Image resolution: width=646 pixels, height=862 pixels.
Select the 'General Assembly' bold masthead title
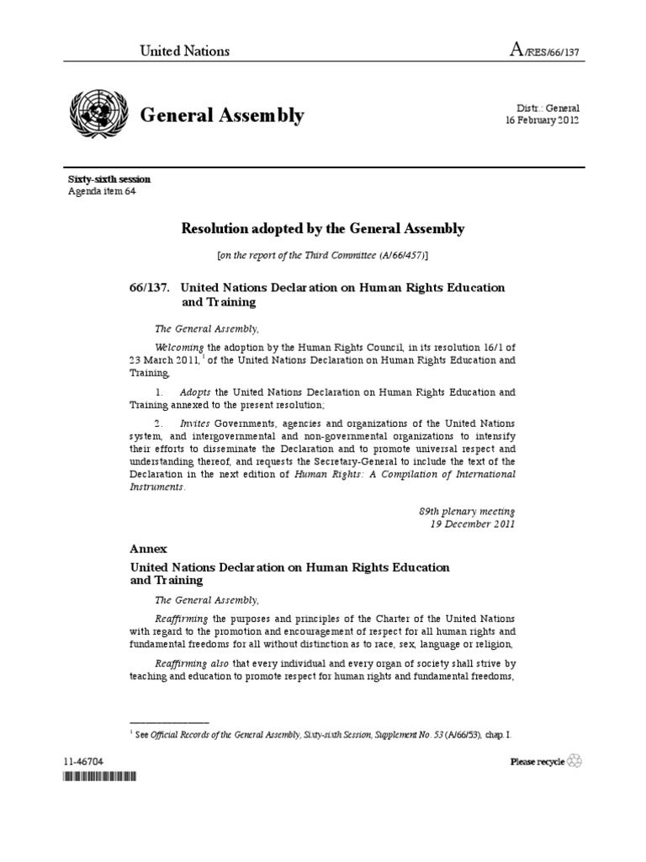pos(221,115)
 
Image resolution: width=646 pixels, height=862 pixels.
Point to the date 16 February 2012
pos(542,120)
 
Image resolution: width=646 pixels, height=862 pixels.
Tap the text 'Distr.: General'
pos(548,108)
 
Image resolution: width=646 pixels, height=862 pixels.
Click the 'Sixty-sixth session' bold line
pos(109,179)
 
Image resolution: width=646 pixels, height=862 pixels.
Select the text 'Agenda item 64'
pos(102,191)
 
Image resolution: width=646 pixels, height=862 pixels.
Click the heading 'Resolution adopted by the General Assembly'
pos(323,228)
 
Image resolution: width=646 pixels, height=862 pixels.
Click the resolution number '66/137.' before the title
pos(147,287)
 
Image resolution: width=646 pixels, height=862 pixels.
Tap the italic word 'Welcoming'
pos(181,346)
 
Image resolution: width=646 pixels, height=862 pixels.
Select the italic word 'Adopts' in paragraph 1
pos(196,392)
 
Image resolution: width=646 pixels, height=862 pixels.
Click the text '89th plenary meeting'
pos(468,510)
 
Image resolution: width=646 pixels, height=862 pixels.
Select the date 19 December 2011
pos(473,524)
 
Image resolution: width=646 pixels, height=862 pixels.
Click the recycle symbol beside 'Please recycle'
pos(575,761)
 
